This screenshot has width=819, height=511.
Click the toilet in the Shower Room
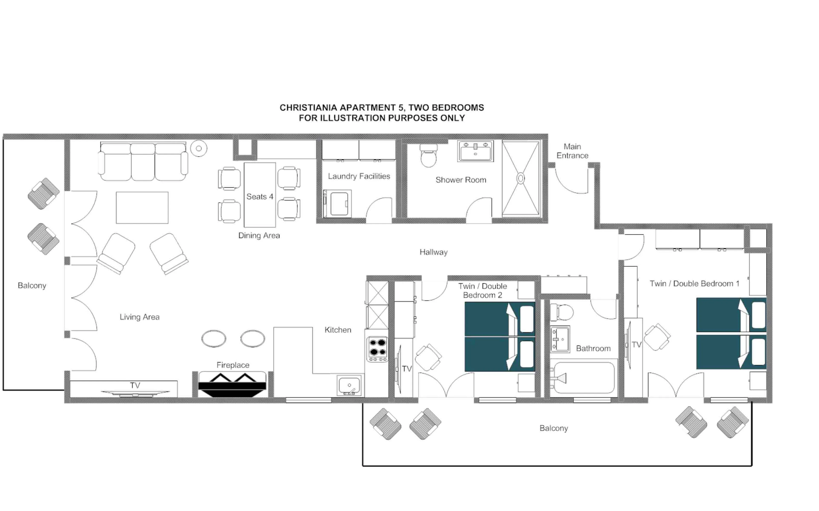pos(428,156)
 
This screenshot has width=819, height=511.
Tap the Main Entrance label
pos(572,151)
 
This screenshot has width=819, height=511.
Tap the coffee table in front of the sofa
pos(142,208)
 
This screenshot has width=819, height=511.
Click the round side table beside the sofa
pos(199,148)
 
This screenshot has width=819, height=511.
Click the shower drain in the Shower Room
pos(521,178)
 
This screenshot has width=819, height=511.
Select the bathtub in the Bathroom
pos(584,378)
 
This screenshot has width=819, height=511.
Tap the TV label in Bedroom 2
pos(407,369)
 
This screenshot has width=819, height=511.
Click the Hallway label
pos(434,252)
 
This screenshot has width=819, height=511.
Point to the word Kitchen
pos(338,330)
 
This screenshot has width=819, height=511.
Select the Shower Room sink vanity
pos(475,151)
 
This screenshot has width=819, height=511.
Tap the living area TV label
pos(135,385)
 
